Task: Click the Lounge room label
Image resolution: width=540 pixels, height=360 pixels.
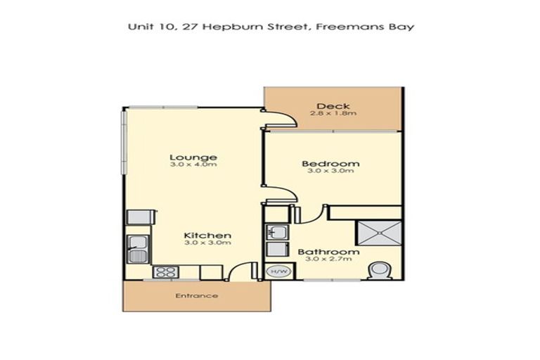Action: [193, 157]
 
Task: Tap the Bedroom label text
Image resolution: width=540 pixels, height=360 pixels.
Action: [330, 164]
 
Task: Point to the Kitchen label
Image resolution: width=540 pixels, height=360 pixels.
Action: [207, 235]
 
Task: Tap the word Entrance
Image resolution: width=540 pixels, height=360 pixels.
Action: [196, 296]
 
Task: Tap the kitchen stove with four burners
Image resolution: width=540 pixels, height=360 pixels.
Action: [164, 271]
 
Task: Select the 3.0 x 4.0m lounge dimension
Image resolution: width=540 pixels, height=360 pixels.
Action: [193, 165]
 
